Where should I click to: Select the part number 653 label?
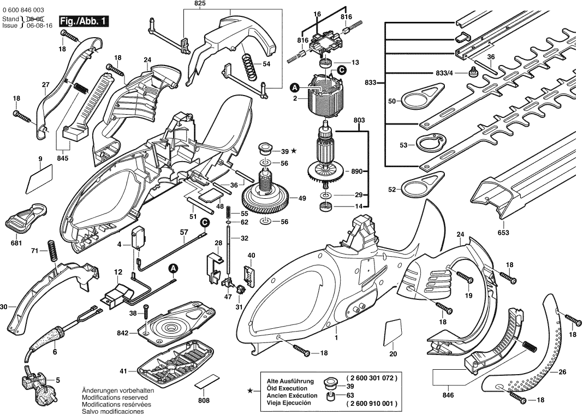click(503, 232)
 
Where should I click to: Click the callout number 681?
click(16, 243)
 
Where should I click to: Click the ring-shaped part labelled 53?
click(429, 144)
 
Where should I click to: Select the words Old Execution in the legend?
click(289, 388)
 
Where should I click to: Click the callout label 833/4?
click(444, 73)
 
